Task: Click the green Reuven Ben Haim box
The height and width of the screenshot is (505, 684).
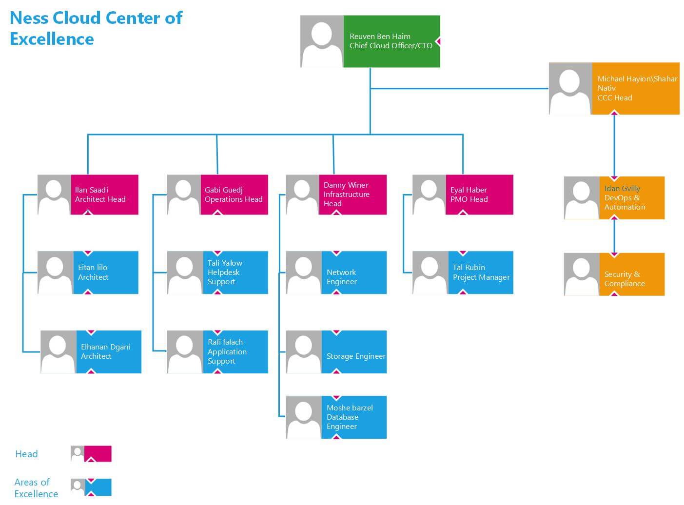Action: pyautogui.click(x=391, y=41)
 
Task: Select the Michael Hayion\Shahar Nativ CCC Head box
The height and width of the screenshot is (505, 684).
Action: pyautogui.click(x=635, y=88)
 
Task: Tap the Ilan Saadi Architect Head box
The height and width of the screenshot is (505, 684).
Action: pyautogui.click(x=104, y=194)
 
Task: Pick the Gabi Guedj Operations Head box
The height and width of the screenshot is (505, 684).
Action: pyautogui.click(x=234, y=194)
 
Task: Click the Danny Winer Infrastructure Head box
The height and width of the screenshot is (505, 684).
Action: pyautogui.click(x=353, y=194)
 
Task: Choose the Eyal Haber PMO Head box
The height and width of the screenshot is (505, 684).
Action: pyautogui.click(x=479, y=194)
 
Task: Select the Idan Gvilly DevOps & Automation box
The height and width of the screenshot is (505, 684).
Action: pyautogui.click(x=631, y=197)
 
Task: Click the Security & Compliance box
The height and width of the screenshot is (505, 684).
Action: pyautogui.click(x=631, y=274)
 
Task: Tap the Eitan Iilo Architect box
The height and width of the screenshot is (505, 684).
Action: pyautogui.click(x=105, y=272)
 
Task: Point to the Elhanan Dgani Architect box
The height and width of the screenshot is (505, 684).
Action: pyautogui.click(x=108, y=351)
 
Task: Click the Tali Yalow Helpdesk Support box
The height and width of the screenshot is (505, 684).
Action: pyautogui.click(x=235, y=272)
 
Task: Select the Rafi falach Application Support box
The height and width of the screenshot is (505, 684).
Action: pyautogui.click(x=235, y=351)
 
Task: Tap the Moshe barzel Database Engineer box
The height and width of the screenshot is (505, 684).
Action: pyautogui.click(x=353, y=417)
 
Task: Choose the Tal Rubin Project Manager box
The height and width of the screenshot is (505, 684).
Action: pyautogui.click(x=480, y=272)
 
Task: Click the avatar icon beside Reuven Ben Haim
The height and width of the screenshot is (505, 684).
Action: pyautogui.click(x=322, y=41)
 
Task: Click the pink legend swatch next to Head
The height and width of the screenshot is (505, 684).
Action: pyautogui.click(x=98, y=454)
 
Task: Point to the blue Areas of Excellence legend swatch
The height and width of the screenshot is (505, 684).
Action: pyautogui.click(x=98, y=487)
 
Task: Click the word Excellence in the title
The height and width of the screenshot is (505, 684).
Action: pyautogui.click(x=52, y=39)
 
